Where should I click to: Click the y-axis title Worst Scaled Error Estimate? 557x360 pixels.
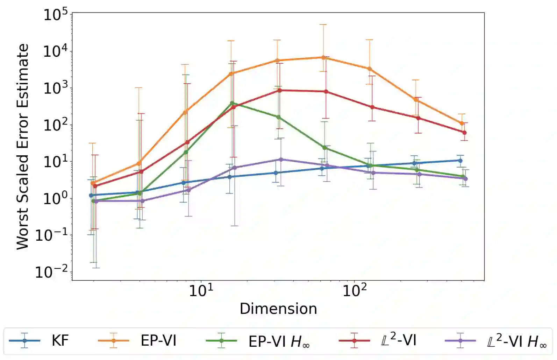[22, 147]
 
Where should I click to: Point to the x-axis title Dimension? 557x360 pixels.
[278, 309]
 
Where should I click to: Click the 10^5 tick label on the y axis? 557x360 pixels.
[55, 15]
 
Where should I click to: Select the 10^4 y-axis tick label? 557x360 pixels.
[55, 52]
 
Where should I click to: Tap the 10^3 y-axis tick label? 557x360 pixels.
[55, 89]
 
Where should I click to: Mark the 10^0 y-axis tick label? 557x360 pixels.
[55, 199]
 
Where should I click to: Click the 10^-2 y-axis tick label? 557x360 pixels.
[52, 272]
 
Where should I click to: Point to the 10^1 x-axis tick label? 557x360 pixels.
[201, 290]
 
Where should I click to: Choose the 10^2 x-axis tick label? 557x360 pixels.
[354, 290]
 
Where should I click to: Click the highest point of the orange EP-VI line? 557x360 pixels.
[324, 57]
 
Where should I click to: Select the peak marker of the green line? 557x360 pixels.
[232, 103]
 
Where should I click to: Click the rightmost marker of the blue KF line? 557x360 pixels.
[460, 161]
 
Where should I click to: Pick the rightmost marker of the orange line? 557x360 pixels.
[462, 123]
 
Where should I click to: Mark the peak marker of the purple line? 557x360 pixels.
[280, 160]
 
